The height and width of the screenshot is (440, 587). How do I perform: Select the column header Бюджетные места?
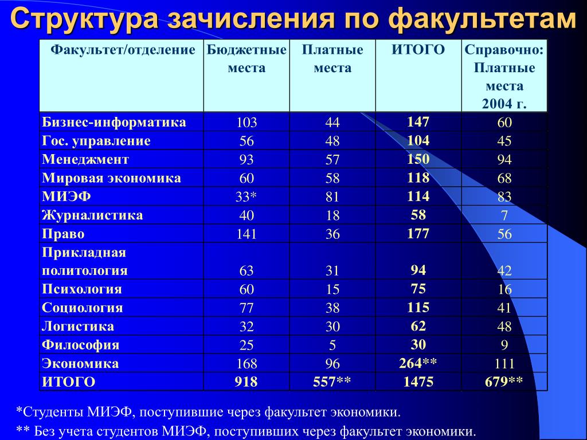[x=246, y=59]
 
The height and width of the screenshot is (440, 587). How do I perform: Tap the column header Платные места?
[x=332, y=59]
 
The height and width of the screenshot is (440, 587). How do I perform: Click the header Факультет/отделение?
[x=123, y=50]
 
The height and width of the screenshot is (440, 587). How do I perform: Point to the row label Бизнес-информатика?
[x=114, y=122]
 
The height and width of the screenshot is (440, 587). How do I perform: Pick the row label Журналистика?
[x=92, y=215]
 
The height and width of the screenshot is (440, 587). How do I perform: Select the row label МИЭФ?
[x=66, y=197]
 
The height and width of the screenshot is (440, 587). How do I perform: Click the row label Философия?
[x=80, y=344]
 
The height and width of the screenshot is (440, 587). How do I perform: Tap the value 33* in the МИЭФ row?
[x=246, y=197]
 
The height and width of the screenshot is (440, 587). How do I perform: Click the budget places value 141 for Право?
[x=246, y=234]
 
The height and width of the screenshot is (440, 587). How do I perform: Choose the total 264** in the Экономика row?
[x=418, y=363]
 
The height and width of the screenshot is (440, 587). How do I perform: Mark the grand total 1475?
[x=418, y=382]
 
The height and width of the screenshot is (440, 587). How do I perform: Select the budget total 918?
[x=246, y=382]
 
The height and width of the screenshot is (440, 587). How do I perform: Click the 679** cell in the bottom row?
[x=504, y=382]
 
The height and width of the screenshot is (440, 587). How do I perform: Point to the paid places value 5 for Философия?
[x=332, y=345]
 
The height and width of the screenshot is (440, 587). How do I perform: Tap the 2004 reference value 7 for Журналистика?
[x=504, y=215]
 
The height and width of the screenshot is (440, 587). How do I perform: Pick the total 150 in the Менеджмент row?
[x=418, y=159]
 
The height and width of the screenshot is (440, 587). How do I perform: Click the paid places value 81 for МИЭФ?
[x=332, y=197]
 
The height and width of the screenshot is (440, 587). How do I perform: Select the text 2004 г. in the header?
[x=504, y=104]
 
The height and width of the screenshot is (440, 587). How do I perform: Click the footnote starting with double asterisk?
[x=246, y=431]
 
